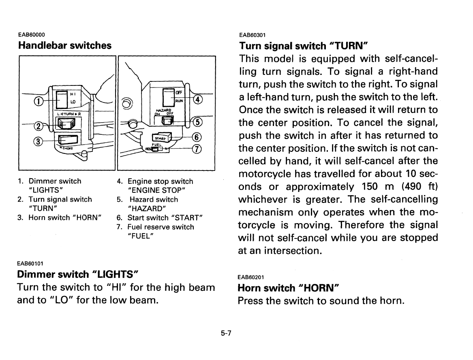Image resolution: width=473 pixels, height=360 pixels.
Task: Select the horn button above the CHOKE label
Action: point(65,141)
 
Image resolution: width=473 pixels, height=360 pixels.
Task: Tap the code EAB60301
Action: point(252,34)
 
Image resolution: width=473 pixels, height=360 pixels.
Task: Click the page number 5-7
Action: point(226,333)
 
